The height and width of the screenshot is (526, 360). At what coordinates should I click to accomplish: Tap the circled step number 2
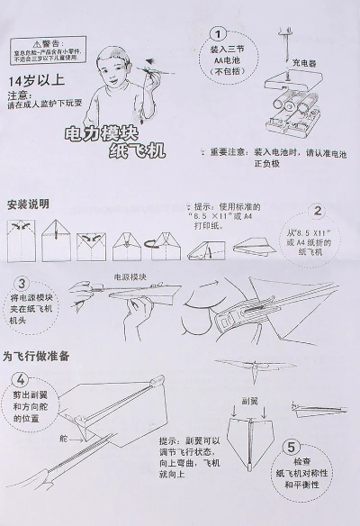[x=317, y=213]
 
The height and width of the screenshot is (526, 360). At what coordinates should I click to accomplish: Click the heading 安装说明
[x=28, y=204]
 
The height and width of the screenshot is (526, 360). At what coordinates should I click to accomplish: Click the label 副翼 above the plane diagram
[x=249, y=399]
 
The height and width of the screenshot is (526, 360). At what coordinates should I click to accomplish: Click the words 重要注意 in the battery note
[x=232, y=153]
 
